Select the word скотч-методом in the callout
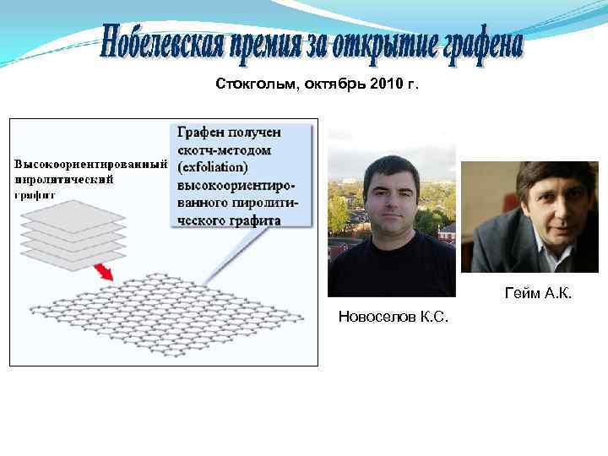[225, 149]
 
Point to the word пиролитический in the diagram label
[63, 179]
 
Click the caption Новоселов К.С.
[393, 317]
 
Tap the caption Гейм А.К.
[539, 293]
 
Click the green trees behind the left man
[343, 211]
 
